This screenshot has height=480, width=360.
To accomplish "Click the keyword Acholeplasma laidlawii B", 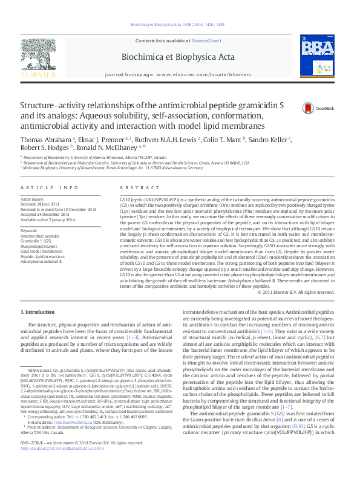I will click(x=41, y=262).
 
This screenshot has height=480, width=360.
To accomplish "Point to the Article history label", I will click(x=33, y=198).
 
